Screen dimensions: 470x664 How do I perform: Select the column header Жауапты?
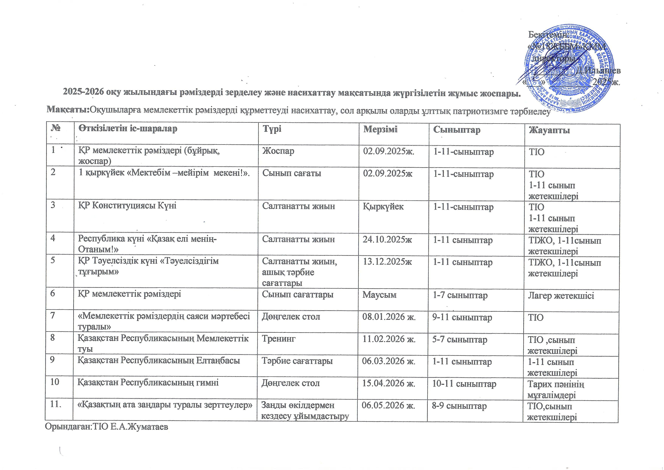click(549, 130)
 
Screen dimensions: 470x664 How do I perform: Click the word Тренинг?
click(279, 339)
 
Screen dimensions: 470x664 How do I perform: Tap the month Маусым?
click(379, 295)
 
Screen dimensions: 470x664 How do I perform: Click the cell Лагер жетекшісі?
click(561, 296)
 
